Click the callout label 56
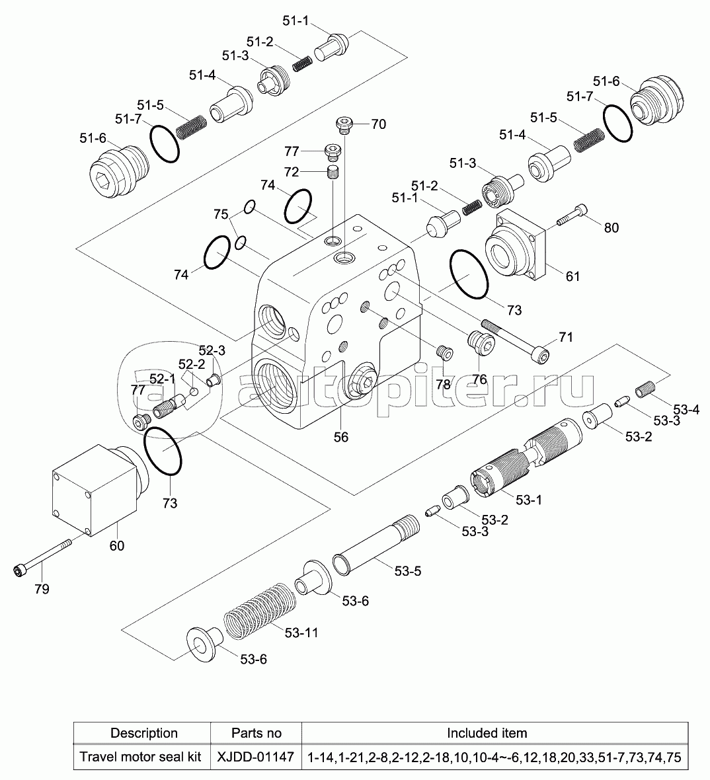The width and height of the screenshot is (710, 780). [x=340, y=437]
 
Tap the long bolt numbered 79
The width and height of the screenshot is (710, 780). [x=42, y=557]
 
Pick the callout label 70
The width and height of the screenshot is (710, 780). [x=378, y=124]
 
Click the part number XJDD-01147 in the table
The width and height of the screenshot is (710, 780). [x=255, y=756]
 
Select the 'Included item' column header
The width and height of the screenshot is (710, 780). [x=487, y=732]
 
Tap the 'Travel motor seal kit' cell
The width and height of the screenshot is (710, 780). [x=140, y=756]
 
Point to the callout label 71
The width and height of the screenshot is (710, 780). [x=566, y=338]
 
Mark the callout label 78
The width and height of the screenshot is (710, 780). [x=442, y=383]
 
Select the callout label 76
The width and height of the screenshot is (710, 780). [x=479, y=379]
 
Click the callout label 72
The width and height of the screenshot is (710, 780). [x=292, y=172]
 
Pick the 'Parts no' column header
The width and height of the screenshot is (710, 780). [x=256, y=732]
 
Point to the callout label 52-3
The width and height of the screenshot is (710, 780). [x=212, y=350]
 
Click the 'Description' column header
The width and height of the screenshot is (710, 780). [x=143, y=732]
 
